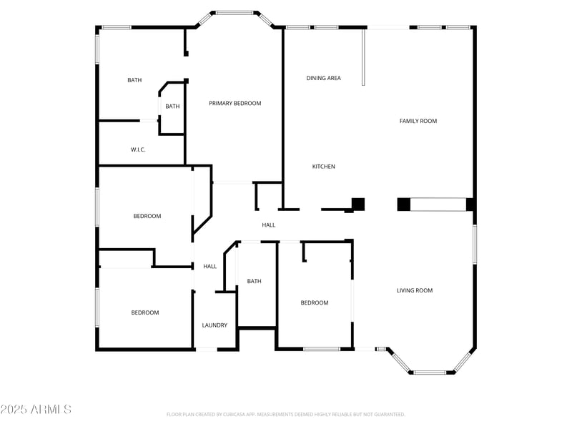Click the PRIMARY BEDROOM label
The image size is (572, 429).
235,104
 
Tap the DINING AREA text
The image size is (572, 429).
323,78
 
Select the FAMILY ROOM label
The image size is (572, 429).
418,122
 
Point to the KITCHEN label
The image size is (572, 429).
323,167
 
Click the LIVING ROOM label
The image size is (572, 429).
415,290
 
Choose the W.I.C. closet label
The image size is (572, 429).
138,149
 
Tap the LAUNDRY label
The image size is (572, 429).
214,325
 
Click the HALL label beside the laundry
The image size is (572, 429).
209,267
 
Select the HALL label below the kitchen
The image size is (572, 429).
268,225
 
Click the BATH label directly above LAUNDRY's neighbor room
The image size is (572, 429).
254,282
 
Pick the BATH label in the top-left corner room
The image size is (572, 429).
134,80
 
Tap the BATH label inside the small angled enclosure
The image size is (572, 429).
172,107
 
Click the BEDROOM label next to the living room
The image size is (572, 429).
314,303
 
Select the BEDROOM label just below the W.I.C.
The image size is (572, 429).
147,216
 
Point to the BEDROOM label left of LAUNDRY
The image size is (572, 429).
144,312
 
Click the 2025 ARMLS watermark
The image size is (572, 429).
36,410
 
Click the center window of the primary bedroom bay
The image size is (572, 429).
235,12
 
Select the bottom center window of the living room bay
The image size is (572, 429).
430,373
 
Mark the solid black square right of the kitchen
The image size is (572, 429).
358,204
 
